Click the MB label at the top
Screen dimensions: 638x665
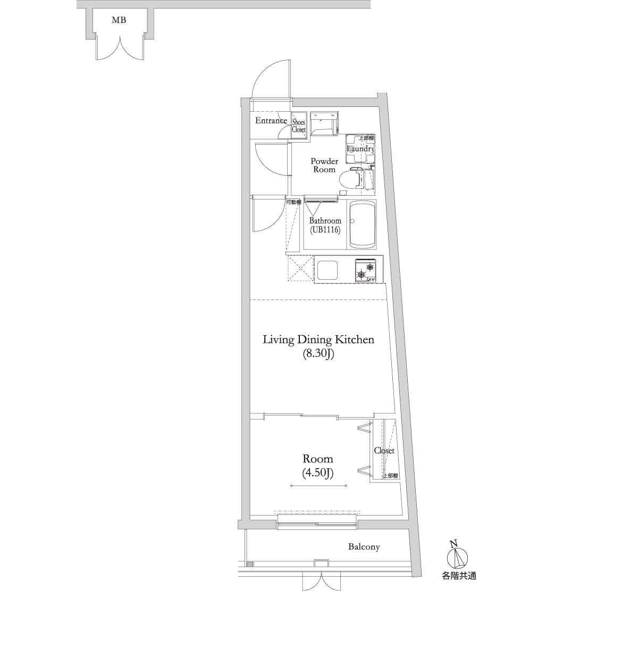click(x=119, y=20)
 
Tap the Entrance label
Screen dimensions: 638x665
click(x=271, y=121)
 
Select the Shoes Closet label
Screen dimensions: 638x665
click(x=298, y=126)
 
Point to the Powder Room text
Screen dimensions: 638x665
click(x=324, y=165)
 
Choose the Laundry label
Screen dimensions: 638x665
click(x=360, y=148)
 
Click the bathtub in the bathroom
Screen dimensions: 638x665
click(x=362, y=224)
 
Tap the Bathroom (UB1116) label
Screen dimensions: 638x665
click(x=325, y=225)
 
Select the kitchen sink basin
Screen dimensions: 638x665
click(x=328, y=270)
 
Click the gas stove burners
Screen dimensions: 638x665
click(x=366, y=270)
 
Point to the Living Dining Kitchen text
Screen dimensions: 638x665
click(x=318, y=339)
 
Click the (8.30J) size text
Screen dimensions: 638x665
click(x=318, y=354)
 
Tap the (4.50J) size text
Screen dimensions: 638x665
click(x=317, y=472)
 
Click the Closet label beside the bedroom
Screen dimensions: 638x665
click(x=384, y=451)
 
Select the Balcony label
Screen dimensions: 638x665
click(x=364, y=547)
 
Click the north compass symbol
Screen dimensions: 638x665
click(x=457, y=558)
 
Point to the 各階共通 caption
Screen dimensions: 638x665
click(x=459, y=576)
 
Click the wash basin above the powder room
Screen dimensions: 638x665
click(x=324, y=123)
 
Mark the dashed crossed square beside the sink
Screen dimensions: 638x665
click(x=300, y=269)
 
